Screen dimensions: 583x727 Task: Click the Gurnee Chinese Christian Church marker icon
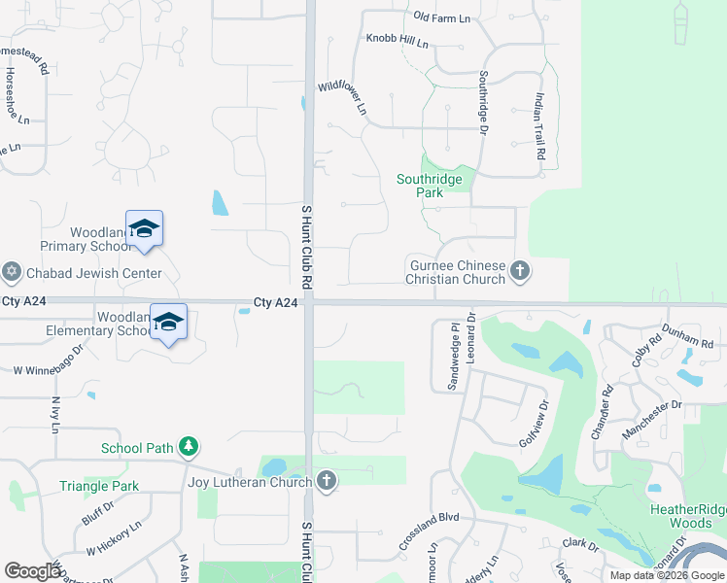(x=520, y=270)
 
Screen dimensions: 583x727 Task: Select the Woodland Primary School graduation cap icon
(x=144, y=228)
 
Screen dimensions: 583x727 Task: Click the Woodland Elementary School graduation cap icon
(x=168, y=322)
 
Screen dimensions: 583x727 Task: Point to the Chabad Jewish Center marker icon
(x=12, y=272)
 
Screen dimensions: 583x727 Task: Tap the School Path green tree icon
(x=189, y=447)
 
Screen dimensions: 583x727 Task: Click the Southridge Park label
(x=433, y=186)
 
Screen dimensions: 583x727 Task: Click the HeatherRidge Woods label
(x=686, y=516)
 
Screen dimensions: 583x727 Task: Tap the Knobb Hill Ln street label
(x=397, y=42)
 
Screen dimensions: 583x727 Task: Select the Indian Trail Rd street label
(x=540, y=126)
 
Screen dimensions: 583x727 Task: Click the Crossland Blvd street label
(x=428, y=532)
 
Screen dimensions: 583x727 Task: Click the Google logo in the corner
(x=33, y=571)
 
